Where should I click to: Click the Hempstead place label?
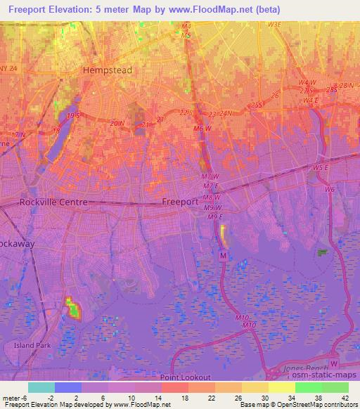click(107, 70)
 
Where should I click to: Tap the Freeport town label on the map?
click(181, 201)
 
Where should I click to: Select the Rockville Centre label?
click(53, 202)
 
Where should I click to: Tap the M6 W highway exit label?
click(202, 129)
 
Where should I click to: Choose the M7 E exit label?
click(210, 186)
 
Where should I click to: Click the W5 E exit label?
click(322, 168)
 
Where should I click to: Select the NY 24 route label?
click(8, 68)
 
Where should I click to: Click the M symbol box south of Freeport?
click(223, 257)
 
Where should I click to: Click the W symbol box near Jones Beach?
click(334, 363)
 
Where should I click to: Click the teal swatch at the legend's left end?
click(41, 387)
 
